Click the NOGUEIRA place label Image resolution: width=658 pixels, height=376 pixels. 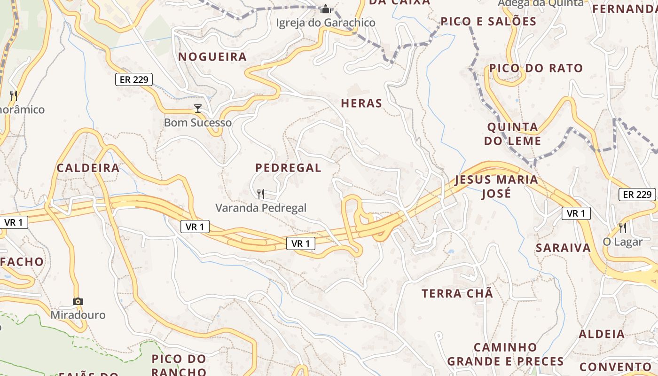(x=212, y=57)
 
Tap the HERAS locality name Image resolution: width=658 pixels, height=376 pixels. (x=361, y=103)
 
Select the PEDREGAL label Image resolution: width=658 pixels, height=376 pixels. (x=288, y=168)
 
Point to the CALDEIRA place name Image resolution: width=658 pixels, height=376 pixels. (x=88, y=168)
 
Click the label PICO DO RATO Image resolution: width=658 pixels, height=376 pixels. (x=536, y=69)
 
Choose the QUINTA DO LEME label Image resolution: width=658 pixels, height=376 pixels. (x=513, y=134)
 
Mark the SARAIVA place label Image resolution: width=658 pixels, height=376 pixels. (x=563, y=248)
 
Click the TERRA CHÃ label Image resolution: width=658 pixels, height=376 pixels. (x=457, y=294)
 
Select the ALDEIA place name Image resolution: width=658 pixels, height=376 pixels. (x=602, y=335)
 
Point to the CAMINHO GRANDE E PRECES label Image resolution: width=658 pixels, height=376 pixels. (x=505, y=354)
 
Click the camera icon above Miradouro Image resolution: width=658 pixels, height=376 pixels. (x=78, y=301)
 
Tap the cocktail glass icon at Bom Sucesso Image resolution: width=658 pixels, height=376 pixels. (x=198, y=109)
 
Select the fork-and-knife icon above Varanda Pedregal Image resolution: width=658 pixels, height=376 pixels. (x=261, y=194)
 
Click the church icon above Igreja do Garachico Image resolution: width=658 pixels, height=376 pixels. (x=325, y=9)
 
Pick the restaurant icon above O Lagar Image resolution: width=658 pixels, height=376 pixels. (x=623, y=228)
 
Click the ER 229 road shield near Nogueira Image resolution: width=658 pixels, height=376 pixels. (x=134, y=79)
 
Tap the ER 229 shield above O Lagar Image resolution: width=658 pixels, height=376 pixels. (x=637, y=195)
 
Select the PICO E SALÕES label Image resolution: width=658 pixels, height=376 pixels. (x=488, y=22)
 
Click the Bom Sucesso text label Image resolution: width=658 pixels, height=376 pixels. (x=198, y=123)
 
